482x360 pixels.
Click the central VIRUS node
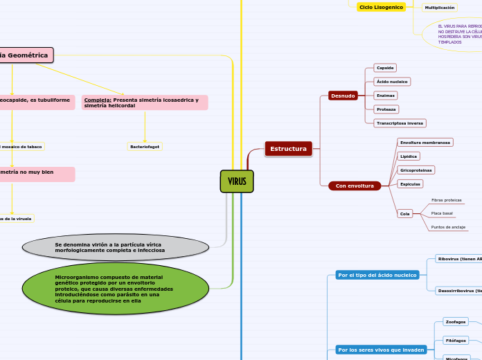(x=237, y=181)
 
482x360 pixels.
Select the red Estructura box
(x=288, y=149)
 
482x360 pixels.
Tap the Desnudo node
(x=343, y=96)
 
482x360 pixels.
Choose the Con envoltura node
(x=354, y=186)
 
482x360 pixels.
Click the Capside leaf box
(x=384, y=68)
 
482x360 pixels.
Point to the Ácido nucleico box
(x=391, y=82)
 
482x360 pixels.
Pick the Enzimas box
(x=386, y=95)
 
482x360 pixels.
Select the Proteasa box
(x=386, y=109)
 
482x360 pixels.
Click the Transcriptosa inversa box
(x=400, y=123)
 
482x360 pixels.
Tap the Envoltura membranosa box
(x=425, y=143)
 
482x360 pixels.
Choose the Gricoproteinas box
(x=416, y=170)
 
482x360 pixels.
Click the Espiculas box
(x=410, y=184)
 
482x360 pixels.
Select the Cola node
(x=405, y=214)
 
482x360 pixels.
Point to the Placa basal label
(x=442, y=213)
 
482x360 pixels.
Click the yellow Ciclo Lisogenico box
(x=381, y=7)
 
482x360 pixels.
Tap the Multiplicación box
(x=440, y=8)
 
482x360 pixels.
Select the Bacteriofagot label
(x=145, y=147)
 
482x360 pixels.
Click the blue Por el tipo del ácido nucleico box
(x=377, y=275)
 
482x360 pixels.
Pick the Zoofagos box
(x=456, y=322)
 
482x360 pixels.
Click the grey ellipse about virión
(x=116, y=247)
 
